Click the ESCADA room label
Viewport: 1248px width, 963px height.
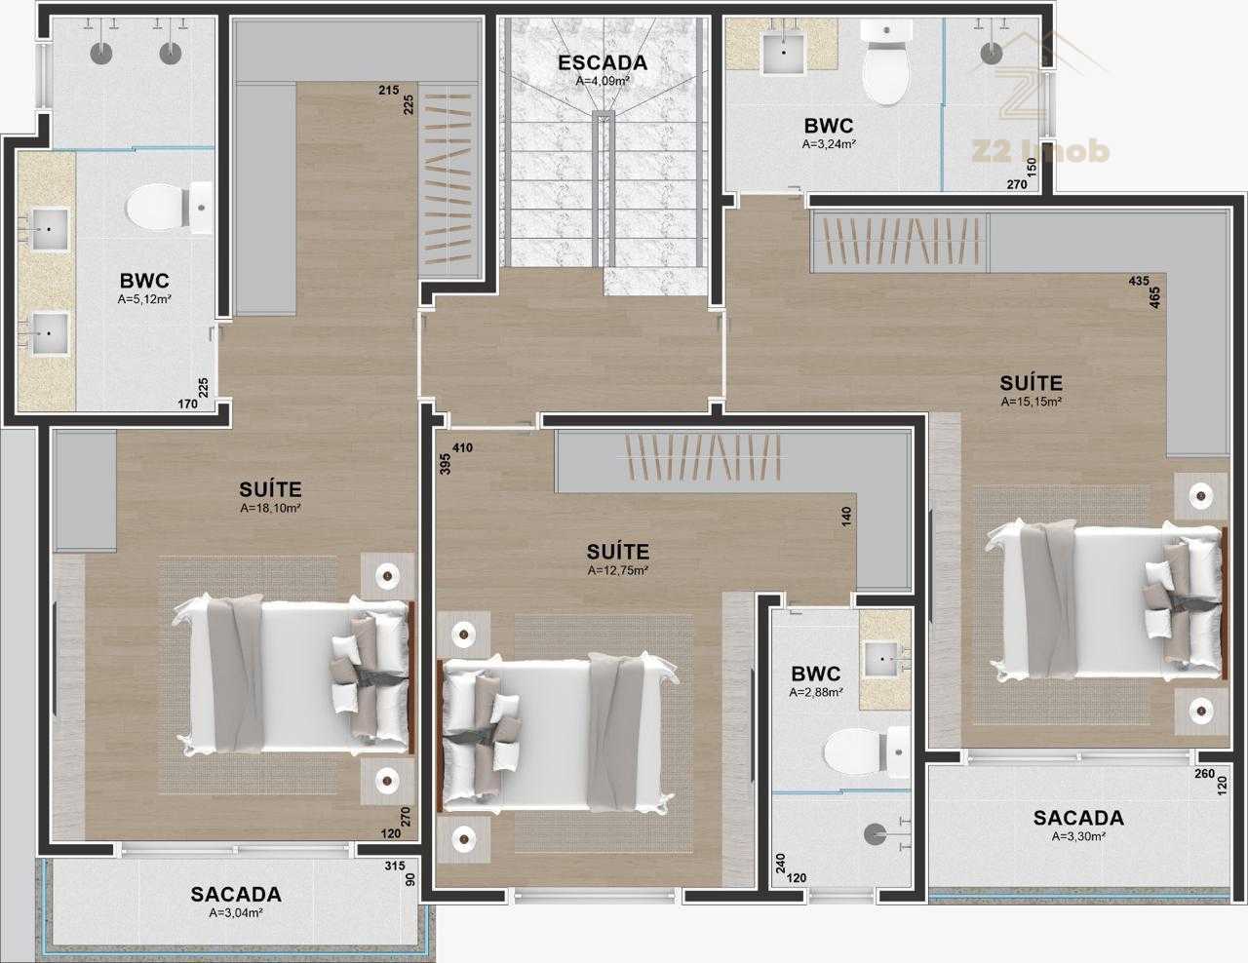[x=603, y=62]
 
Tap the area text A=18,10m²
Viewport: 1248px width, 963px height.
[x=270, y=508]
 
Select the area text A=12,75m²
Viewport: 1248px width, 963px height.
[x=617, y=570]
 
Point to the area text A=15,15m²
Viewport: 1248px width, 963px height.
[x=1031, y=402]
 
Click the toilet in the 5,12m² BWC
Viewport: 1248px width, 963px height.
[x=170, y=208]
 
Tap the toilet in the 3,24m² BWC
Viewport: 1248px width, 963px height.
[x=886, y=63]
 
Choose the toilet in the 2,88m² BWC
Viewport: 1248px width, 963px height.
[x=866, y=751]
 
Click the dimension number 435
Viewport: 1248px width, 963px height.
[x=1139, y=281]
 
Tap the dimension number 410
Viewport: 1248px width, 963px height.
[x=462, y=447]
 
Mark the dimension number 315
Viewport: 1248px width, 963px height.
[x=395, y=866]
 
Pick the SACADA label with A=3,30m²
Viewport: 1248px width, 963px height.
[x=1078, y=818]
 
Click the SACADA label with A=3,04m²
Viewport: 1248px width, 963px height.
[x=236, y=894]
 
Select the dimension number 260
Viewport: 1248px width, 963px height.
[x=1204, y=774]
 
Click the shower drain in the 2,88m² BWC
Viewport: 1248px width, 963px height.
[x=875, y=834]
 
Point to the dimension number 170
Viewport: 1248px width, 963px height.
[x=187, y=404]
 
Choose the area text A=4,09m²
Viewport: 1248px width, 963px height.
[x=603, y=81]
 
